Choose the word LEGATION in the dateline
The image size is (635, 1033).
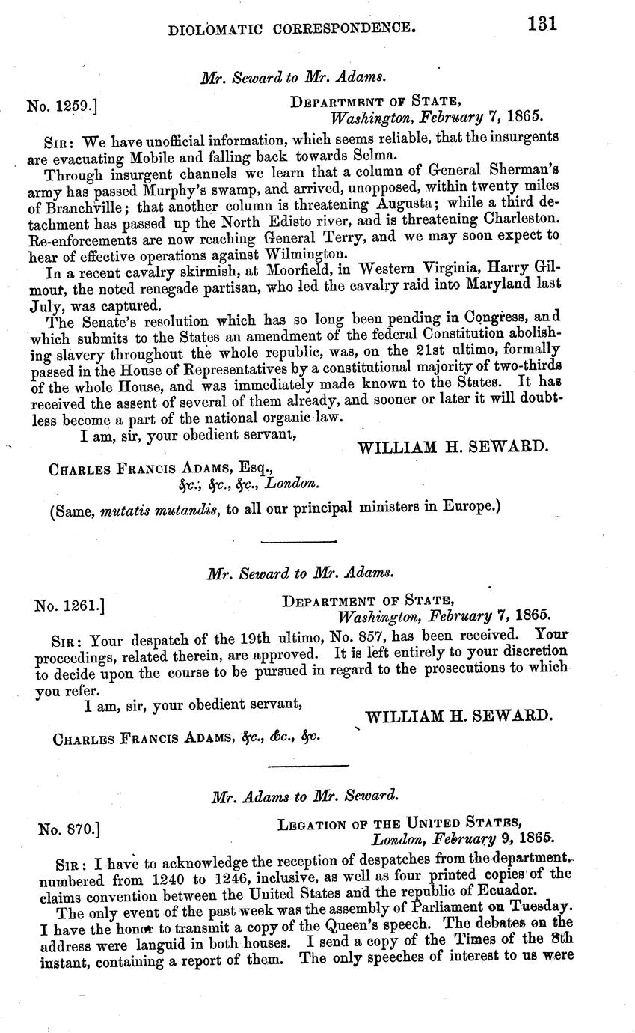tap(309, 826)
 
